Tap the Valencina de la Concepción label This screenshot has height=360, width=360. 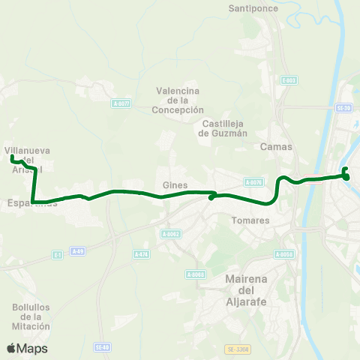tap(180, 100)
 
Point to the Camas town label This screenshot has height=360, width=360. tap(270, 147)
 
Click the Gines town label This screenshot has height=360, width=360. tap(174, 185)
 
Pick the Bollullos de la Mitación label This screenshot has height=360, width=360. tap(31, 316)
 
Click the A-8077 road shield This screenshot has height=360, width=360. tap(121, 103)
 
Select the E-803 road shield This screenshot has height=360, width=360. tap(289, 79)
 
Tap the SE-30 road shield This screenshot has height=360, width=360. tap(344, 108)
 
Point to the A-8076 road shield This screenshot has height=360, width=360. tap(253, 181)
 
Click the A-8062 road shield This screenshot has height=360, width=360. tap(171, 234)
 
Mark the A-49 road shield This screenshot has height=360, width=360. tap(77, 251)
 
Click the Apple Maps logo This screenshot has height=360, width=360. tap(27, 348)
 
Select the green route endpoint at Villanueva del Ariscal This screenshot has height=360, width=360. tap(13, 157)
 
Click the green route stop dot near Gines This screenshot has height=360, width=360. tap(211, 198)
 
